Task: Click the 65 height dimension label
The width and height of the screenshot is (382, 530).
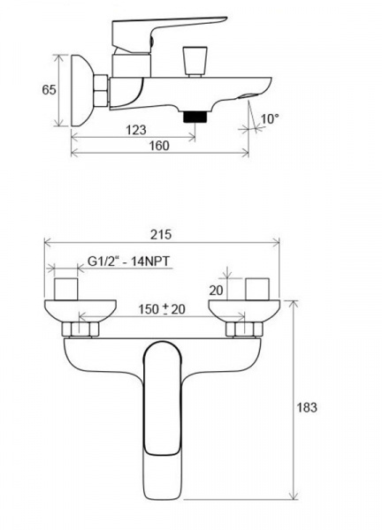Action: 49,90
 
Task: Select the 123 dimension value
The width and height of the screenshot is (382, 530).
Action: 136,130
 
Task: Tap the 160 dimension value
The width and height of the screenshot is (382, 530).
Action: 159,146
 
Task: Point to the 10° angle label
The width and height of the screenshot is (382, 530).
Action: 270,118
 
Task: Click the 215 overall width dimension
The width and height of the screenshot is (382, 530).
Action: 161,234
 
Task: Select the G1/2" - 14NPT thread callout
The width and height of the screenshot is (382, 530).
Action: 129,261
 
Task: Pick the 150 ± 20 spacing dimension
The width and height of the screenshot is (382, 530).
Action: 162,309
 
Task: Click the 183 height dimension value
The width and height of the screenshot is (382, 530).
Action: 307,407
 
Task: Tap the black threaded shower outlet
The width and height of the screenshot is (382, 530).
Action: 195,117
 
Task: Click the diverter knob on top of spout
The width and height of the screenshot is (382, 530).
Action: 195,62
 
